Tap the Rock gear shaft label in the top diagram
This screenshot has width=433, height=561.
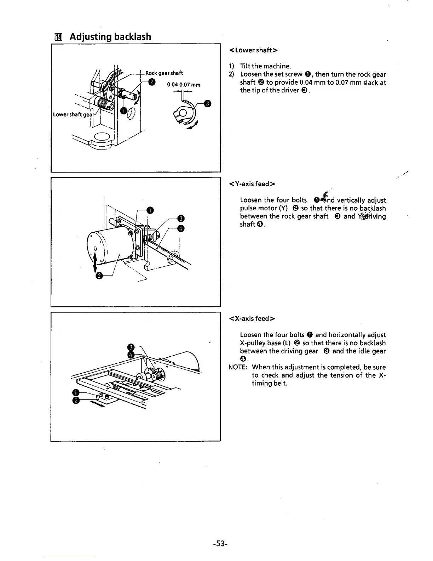pos(164,73)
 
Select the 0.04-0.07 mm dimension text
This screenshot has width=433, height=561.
pos(184,85)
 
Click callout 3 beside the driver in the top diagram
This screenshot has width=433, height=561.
pos(208,103)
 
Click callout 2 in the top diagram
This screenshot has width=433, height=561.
pos(152,83)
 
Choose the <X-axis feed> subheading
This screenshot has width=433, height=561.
pos(252,318)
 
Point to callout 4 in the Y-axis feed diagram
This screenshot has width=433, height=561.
pos(180,228)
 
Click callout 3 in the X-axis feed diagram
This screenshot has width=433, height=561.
pos(130,346)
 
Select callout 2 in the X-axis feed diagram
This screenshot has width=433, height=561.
pos(75,400)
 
